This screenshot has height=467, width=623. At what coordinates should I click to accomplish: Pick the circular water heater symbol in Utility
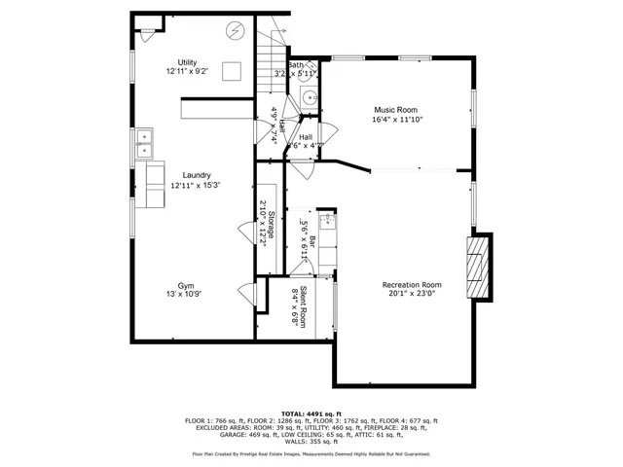(x=235, y=31)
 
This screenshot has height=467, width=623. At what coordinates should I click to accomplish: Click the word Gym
(x=187, y=284)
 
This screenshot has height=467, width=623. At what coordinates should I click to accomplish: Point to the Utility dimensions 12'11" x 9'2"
(x=187, y=71)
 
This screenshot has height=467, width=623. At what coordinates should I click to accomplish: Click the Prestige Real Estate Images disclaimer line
(x=311, y=453)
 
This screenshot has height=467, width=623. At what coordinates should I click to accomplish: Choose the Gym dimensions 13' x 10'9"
(x=187, y=294)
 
